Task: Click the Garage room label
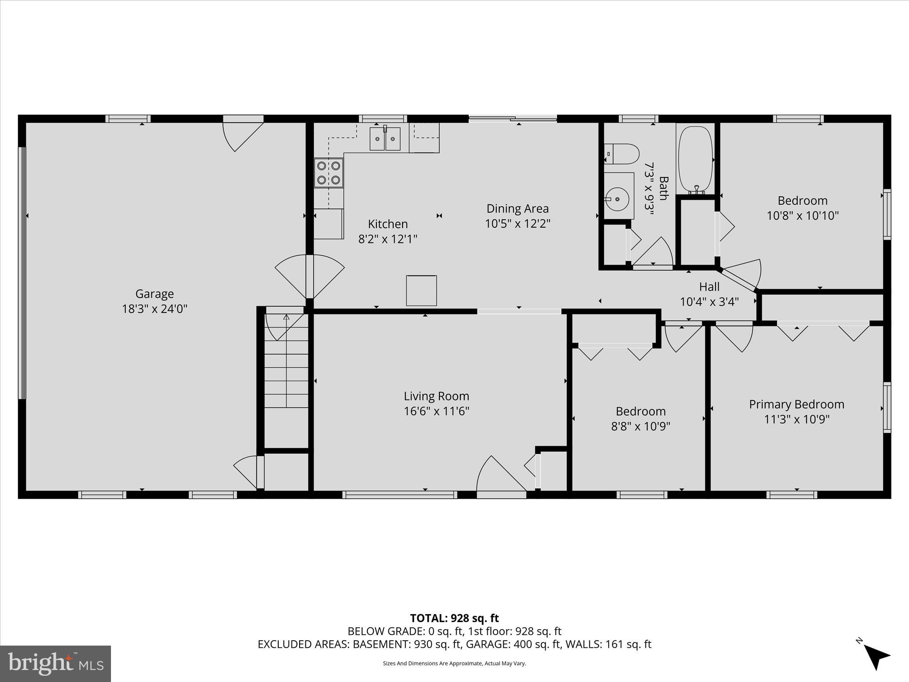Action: click(x=154, y=294)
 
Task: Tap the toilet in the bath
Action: click(x=621, y=154)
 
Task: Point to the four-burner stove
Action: click(x=328, y=173)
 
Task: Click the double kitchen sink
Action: click(x=385, y=139)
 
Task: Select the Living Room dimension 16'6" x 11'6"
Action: click(x=436, y=411)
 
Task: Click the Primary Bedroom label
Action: click(x=796, y=404)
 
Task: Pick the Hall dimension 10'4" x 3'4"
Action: click(x=709, y=302)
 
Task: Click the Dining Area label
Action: click(x=518, y=209)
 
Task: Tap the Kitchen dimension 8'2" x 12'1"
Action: click(x=387, y=239)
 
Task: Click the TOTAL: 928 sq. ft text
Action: click(x=454, y=618)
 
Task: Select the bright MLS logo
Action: click(x=55, y=663)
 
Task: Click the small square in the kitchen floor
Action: click(x=421, y=290)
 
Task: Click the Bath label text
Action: click(x=663, y=188)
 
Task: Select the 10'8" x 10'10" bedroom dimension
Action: click(x=802, y=216)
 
